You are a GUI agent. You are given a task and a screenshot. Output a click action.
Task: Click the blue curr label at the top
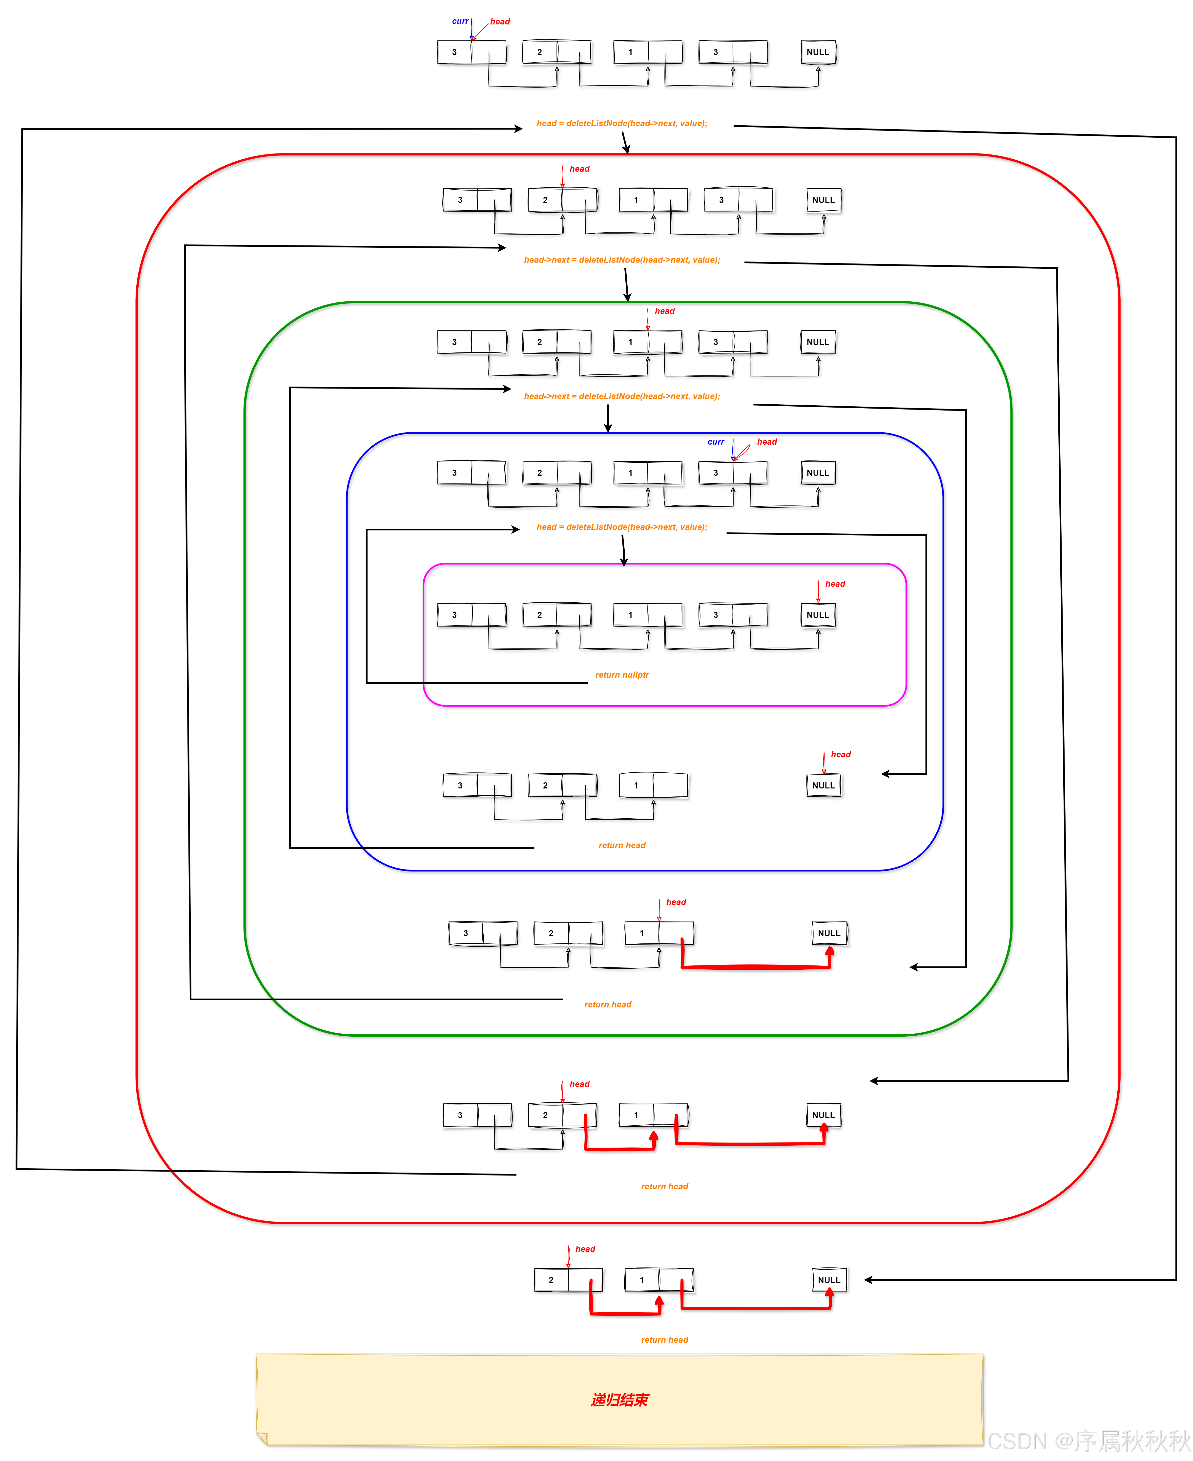[x=460, y=21]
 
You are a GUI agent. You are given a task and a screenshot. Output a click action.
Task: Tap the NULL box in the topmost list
[x=818, y=52]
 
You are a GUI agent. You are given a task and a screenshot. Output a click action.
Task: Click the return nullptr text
[x=622, y=675]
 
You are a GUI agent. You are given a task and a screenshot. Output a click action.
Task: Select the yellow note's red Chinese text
[x=619, y=1400]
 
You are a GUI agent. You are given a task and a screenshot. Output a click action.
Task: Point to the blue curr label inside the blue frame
[x=715, y=442]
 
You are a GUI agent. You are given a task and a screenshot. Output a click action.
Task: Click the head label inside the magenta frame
[x=835, y=584]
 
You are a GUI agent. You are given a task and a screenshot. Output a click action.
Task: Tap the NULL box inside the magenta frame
[x=818, y=615]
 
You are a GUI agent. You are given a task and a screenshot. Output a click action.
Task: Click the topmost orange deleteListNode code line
[x=622, y=124]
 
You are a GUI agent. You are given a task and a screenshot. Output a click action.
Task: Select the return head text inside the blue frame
[x=622, y=846]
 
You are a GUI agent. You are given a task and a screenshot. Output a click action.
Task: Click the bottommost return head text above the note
[x=664, y=1340]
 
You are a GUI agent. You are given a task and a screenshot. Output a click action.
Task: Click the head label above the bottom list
[x=585, y=1249]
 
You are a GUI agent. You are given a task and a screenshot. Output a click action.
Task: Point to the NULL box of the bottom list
[x=829, y=1280]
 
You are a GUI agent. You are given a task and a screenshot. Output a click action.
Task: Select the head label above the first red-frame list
[x=579, y=169]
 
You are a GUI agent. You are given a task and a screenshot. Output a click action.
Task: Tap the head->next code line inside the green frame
[x=622, y=397]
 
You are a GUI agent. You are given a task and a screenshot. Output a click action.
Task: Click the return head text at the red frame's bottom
[x=664, y=1187]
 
